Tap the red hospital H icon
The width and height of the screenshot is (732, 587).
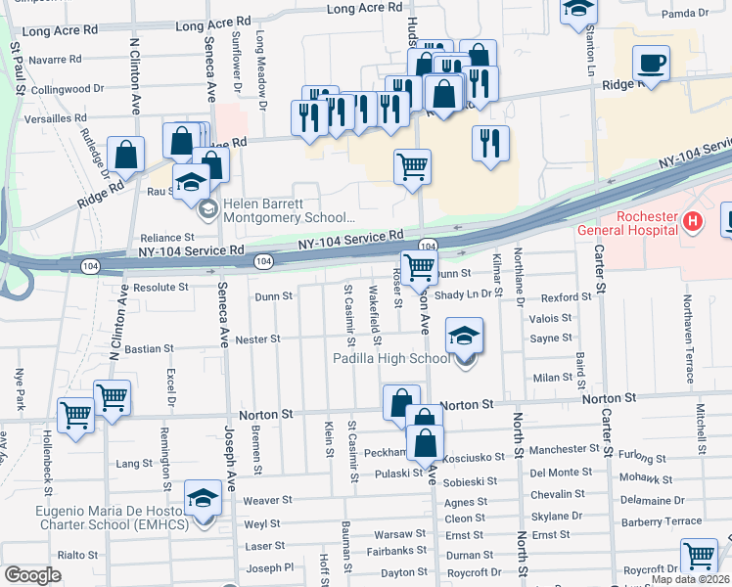pos(693,222)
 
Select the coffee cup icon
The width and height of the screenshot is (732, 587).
pos(651,65)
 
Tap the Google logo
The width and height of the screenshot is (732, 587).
pos(32,575)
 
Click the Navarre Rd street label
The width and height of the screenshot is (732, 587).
pos(61,60)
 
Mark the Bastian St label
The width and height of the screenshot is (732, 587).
pos(148,347)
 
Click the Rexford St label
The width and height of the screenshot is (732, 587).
pos(566,296)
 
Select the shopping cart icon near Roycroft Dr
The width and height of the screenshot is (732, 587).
pos(700,556)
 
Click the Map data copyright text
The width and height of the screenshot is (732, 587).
pos(692,579)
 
